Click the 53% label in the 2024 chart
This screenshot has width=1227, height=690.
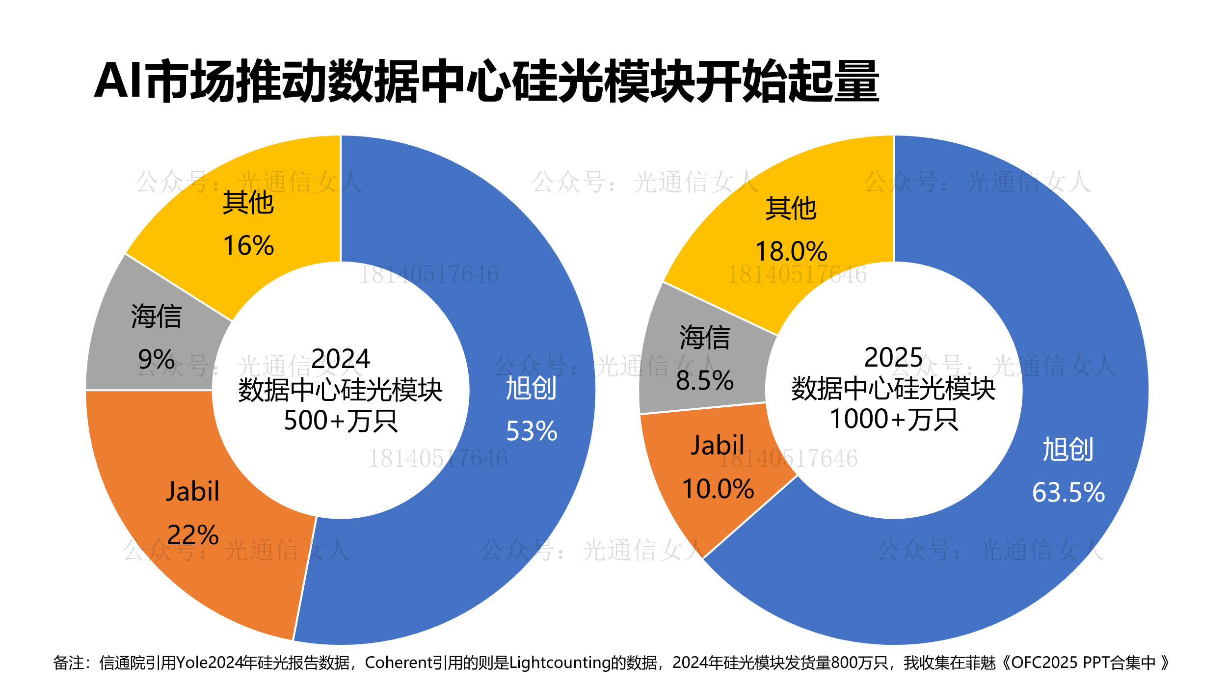pos(532,431)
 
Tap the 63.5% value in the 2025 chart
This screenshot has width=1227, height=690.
pos(1068,492)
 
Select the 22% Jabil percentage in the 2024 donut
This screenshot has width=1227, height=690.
pos(193,535)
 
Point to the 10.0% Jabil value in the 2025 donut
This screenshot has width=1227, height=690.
pos(718,489)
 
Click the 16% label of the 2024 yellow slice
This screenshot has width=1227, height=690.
pos(248,246)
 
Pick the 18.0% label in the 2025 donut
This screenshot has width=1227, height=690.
pos(791,252)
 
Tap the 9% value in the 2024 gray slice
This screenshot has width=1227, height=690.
pos(157,360)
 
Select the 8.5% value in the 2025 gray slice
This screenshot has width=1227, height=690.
pos(705,381)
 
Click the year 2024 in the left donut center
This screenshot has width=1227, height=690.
pos(341,359)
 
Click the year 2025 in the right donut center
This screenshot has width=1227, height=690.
pos(893,357)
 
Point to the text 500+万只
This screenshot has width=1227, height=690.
pos(341,421)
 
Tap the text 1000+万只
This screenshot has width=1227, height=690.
pos(894,420)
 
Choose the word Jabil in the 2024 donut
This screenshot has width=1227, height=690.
pos(193,492)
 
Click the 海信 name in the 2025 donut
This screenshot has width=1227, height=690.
pos(705,338)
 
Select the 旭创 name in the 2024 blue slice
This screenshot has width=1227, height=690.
pos(531,388)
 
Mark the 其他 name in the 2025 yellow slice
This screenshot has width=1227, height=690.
pos(791,209)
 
